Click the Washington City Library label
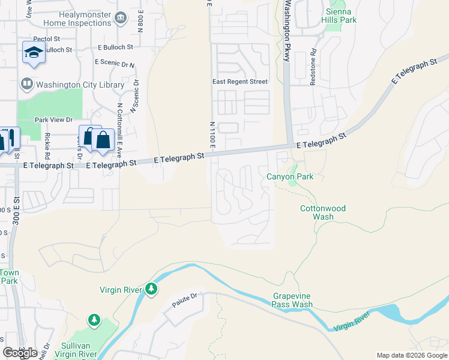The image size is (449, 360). (x=80, y=85)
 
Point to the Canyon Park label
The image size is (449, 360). (x=290, y=176)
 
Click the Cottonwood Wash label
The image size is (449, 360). (x=322, y=212)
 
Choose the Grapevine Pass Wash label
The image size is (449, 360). (x=292, y=300)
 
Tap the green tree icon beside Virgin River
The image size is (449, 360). (x=151, y=290)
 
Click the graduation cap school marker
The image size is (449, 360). (x=34, y=52)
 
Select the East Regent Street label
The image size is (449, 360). (x=240, y=82)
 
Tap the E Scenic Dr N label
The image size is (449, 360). (x=115, y=64)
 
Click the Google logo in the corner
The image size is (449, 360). (x=20, y=353)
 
